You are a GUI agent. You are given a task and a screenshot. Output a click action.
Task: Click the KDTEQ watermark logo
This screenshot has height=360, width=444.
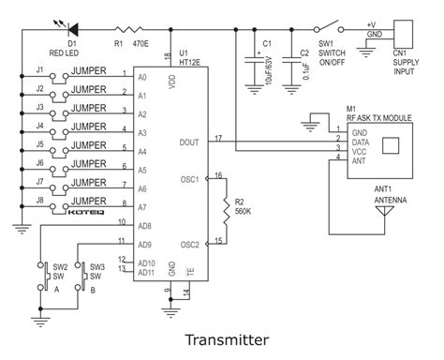pyautogui.click(x=95, y=214)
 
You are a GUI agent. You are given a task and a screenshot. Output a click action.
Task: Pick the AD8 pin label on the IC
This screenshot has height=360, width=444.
pyautogui.click(x=143, y=226)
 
